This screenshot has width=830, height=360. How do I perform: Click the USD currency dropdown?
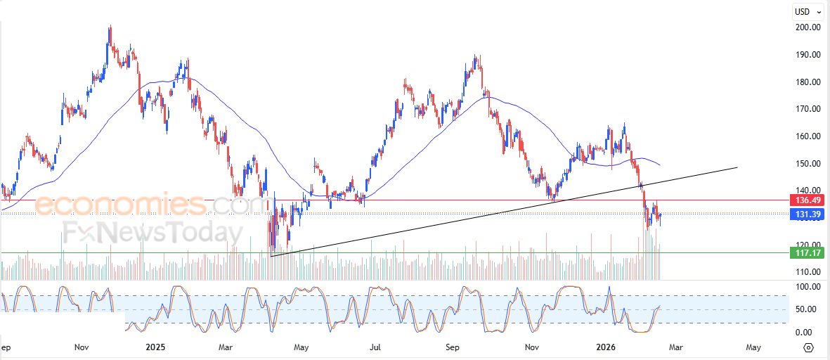(805, 11)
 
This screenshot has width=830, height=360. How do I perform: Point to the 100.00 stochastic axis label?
(806, 287)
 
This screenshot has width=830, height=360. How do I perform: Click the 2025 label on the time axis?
(155, 347)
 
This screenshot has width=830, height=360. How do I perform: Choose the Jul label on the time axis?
(376, 347)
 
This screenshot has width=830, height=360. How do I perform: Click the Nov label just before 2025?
(82, 347)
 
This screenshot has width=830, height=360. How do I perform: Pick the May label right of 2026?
(753, 347)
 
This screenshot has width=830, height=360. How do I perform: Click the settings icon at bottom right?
(808, 347)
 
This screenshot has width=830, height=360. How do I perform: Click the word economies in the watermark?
(120, 205)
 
